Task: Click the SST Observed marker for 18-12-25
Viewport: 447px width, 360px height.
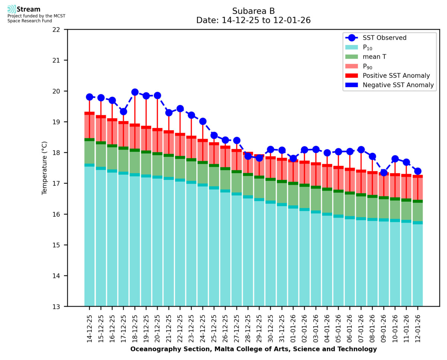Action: point(135,92)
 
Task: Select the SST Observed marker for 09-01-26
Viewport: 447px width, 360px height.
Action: point(384,172)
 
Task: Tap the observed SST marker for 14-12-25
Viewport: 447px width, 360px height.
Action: point(89,97)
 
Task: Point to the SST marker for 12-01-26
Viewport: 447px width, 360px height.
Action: point(418,171)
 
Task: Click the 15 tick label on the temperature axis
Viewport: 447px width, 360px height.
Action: point(59,245)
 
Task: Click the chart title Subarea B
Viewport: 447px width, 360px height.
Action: point(253,11)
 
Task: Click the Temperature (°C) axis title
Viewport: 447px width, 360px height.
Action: point(45,168)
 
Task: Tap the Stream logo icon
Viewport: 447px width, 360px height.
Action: point(12,9)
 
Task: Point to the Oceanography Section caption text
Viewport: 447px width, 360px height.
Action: point(253,349)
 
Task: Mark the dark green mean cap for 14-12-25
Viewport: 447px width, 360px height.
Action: point(89,140)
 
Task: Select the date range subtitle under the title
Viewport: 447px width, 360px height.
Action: point(253,20)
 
